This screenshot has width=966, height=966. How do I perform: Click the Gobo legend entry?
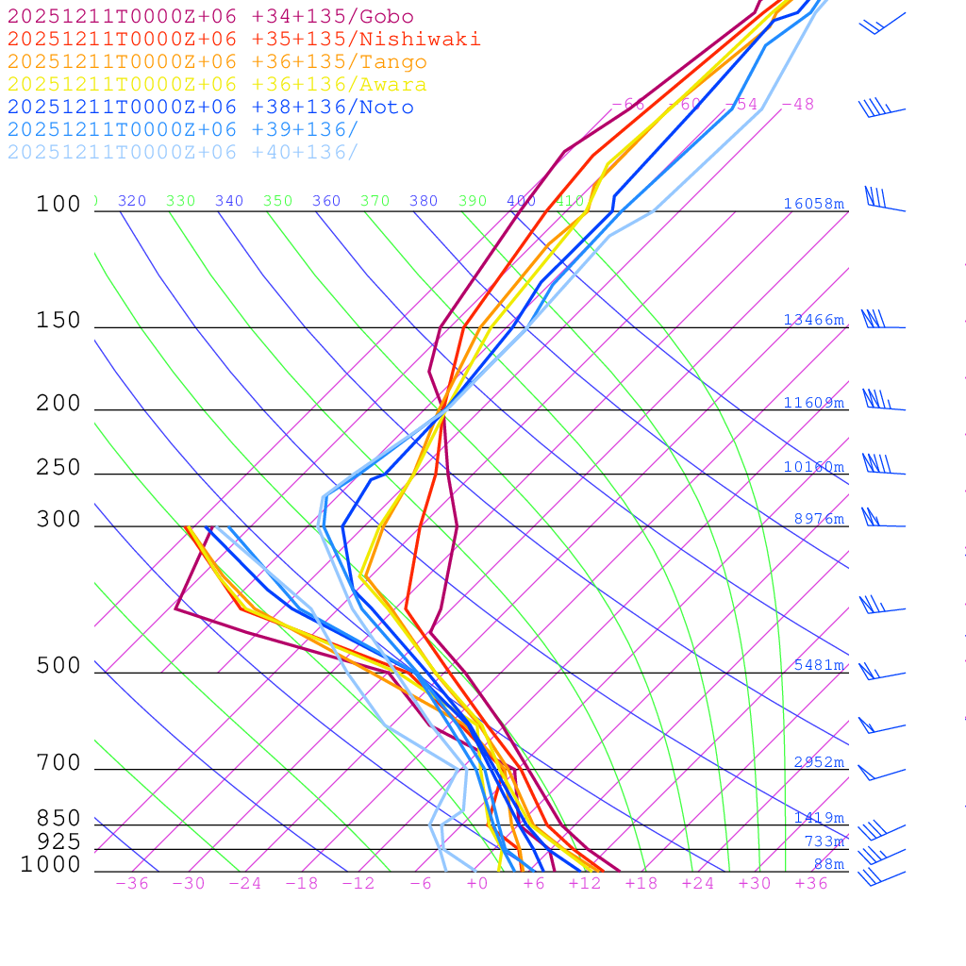pos(210,17)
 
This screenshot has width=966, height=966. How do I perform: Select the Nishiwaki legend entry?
pos(243,40)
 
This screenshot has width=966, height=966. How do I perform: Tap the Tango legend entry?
pos(217,62)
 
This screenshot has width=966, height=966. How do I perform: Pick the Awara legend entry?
pos(217,85)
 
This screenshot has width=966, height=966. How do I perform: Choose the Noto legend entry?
pos(210,108)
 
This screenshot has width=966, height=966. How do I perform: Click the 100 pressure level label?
pos(58,204)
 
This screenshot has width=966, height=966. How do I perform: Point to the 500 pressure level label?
pos(58,666)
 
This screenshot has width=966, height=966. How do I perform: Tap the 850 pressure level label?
pos(58,818)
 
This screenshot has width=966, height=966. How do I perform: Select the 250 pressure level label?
pos(58,468)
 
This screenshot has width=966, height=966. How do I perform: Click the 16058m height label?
pos(813,204)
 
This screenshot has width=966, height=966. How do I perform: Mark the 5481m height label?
pos(819,665)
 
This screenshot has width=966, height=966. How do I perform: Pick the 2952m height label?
pos(819,762)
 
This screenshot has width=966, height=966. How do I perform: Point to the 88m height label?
pos(829,864)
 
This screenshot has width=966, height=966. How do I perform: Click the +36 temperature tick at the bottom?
pos(811,884)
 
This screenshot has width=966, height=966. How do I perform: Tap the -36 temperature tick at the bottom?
pos(132,884)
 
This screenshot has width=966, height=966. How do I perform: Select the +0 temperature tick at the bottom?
pos(477,884)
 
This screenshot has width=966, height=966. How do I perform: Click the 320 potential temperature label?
pos(132,201)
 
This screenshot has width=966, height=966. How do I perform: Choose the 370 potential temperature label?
pos(375,201)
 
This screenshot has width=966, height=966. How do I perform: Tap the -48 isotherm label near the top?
pos(798,105)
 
